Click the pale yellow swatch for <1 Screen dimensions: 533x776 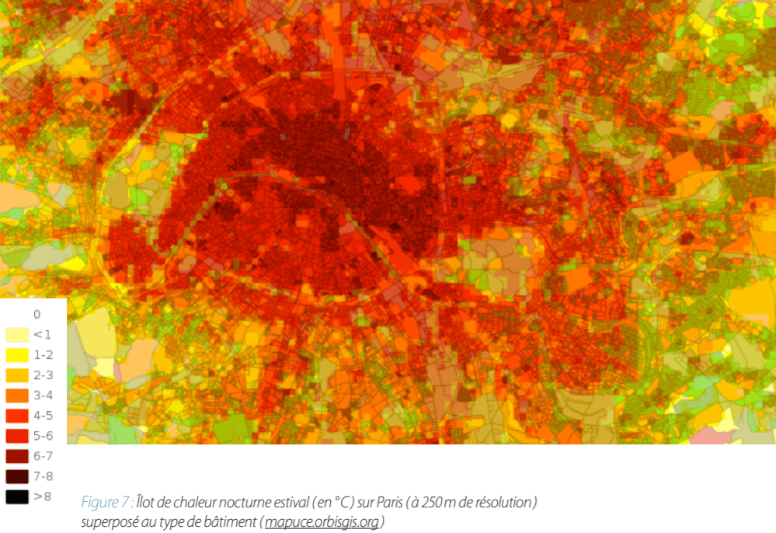coord(17,335)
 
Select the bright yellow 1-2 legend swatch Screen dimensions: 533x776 coord(17,355)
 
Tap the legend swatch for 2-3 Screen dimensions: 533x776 coord(17,375)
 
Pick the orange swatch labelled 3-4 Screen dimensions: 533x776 coord(17,395)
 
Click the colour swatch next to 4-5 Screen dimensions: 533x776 coord(17,416)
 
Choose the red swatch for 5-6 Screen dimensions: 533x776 coord(17,436)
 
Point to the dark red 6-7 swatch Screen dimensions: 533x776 coord(17,456)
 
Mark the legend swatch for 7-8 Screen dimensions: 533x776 coord(17,476)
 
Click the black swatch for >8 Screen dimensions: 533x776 coord(17,496)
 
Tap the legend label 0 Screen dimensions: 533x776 coord(37,315)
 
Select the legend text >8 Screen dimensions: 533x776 coord(43,496)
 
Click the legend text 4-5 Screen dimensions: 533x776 coord(43,416)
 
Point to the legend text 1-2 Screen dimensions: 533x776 coord(43,355)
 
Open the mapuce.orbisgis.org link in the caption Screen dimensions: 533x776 coord(322,521)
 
